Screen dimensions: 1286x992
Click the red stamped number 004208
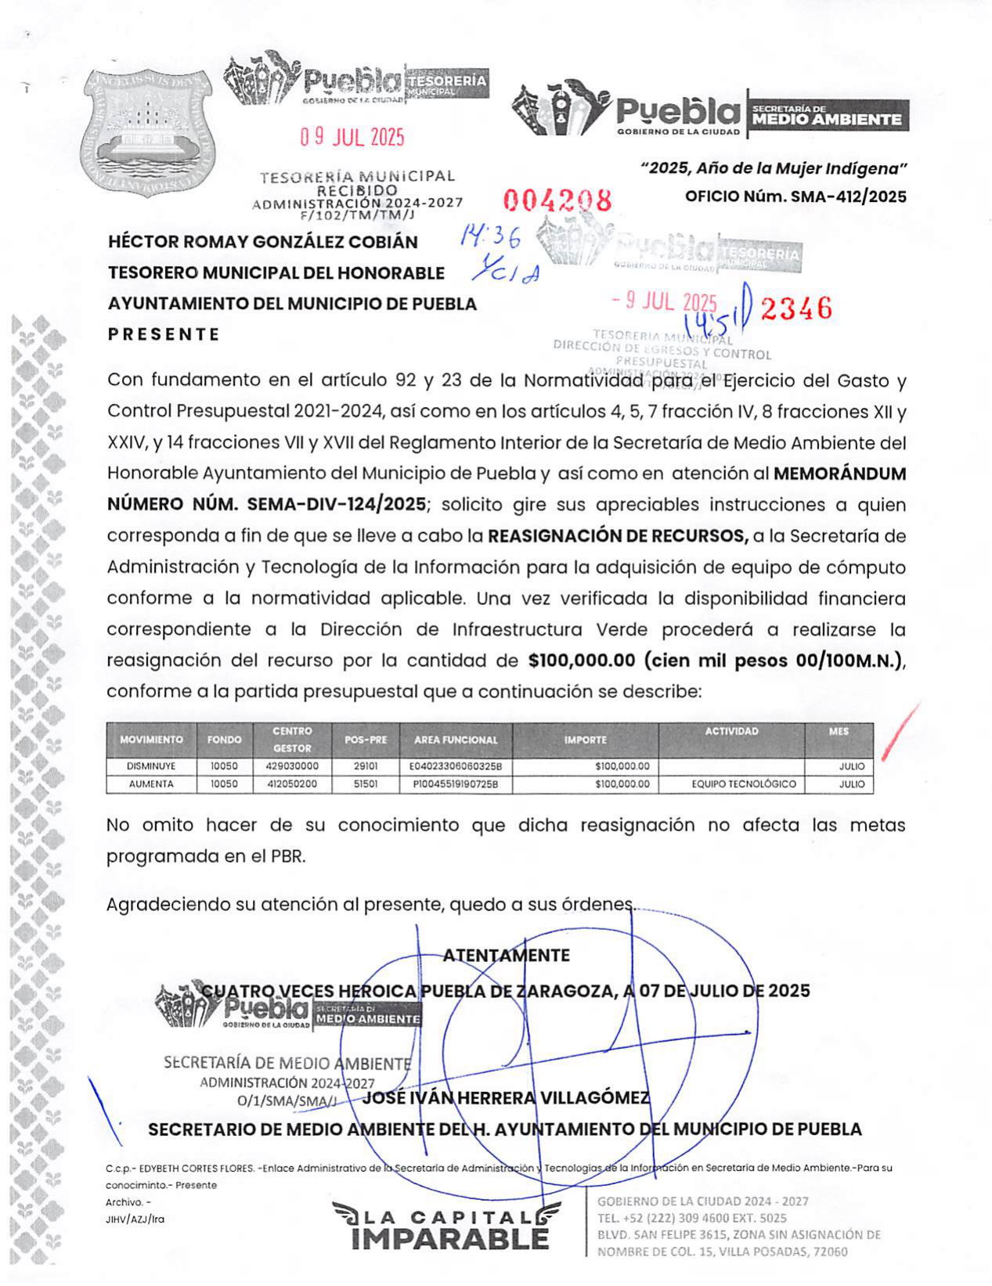pos(557,201)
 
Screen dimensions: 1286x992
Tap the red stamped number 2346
pos(796,309)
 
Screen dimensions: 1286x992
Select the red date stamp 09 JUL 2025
pos(352,138)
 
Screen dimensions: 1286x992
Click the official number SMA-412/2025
pos(795,196)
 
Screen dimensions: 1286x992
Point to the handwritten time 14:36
pos(492,235)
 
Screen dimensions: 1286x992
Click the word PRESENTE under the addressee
pos(164,334)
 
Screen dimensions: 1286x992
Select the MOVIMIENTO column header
pos(151,740)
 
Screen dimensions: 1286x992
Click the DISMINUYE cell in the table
pos(151,766)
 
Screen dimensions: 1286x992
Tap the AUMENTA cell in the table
pos(151,784)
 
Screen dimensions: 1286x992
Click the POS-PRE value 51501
pos(366,784)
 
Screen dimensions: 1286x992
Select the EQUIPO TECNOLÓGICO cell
pos(744,784)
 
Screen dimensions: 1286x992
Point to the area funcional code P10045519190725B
pos(455,784)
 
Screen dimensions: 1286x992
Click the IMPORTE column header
pos(586,740)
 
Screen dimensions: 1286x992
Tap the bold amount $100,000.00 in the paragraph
pos(582,661)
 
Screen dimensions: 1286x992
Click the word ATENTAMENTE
pos(506,956)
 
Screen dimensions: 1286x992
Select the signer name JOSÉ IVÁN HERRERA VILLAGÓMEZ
pos(506,1098)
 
